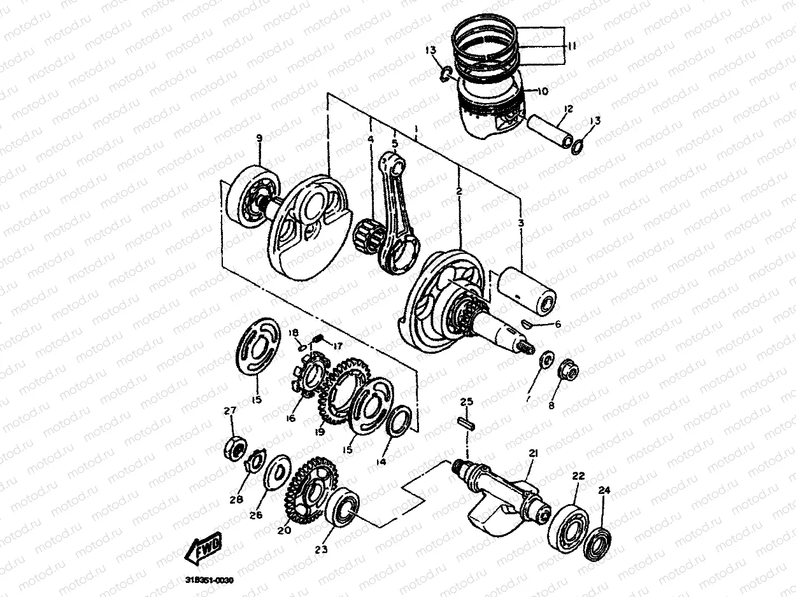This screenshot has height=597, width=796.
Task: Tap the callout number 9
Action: [259, 138]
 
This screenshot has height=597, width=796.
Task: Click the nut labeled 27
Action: [234, 447]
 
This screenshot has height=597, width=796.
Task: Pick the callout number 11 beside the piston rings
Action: [572, 46]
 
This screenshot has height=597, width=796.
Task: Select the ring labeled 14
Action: [400, 422]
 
